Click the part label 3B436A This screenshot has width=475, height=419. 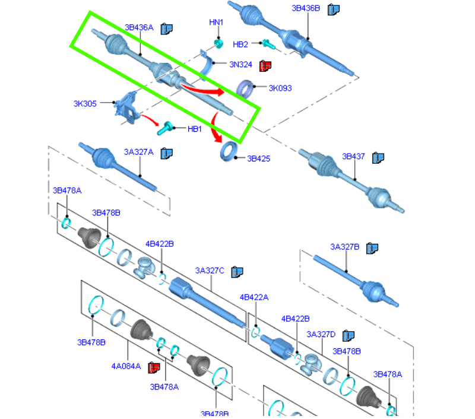(x=139, y=27)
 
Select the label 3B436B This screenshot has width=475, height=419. (x=306, y=8)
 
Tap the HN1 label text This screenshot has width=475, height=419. (x=216, y=23)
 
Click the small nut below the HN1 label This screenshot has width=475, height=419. (x=218, y=43)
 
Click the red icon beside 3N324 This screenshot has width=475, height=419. (x=265, y=65)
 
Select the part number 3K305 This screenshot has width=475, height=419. (x=85, y=103)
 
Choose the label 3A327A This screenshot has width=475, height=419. (x=138, y=153)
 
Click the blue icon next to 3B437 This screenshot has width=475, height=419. (x=378, y=157)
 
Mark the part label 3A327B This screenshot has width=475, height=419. (x=345, y=247)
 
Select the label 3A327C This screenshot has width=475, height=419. (x=210, y=271)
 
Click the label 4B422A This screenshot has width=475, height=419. (x=254, y=297)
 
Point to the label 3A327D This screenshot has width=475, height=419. (x=321, y=335)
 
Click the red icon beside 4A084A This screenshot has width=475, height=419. (x=154, y=367)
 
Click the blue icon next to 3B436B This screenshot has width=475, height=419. (x=334, y=9)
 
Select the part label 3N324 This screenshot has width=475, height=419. (x=241, y=64)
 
